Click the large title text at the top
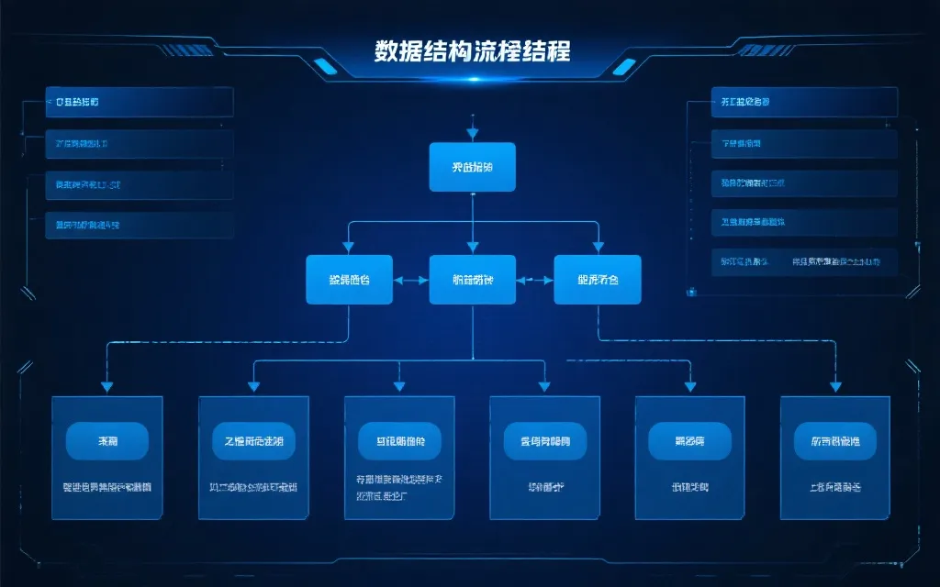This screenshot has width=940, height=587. [472, 51]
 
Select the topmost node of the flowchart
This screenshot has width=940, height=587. [472, 167]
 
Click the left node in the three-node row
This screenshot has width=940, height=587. [349, 279]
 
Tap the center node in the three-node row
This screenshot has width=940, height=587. [472, 279]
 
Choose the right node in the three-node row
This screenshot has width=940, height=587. [598, 279]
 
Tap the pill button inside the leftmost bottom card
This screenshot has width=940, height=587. [107, 441]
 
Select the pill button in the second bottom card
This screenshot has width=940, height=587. [253, 441]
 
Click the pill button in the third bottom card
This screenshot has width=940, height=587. [399, 441]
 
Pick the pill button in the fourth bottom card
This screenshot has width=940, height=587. [544, 441]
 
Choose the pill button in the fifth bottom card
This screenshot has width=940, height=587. [689, 441]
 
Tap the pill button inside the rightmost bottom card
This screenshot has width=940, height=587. [834, 441]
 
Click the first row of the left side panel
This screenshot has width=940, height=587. [140, 102]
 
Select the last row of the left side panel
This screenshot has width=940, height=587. [140, 225]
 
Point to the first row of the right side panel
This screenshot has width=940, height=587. [804, 102]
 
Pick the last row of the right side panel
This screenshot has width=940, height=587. [804, 262]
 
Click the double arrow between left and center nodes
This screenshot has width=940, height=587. [411, 279]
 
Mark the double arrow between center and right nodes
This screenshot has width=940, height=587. [535, 279]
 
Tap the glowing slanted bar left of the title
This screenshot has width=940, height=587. [323, 65]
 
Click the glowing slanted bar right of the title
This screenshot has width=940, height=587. [623, 65]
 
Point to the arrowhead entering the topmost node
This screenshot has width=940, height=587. [472, 138]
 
